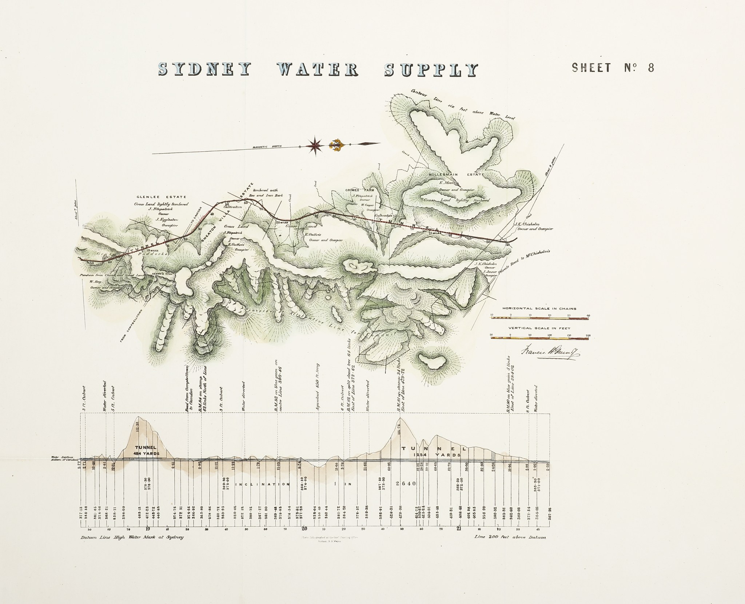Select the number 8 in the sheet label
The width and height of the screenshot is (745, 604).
pyautogui.click(x=650, y=68)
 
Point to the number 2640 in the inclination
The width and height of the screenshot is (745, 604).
pyautogui.click(x=404, y=484)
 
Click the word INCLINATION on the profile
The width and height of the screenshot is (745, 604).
pyautogui.click(x=263, y=484)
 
